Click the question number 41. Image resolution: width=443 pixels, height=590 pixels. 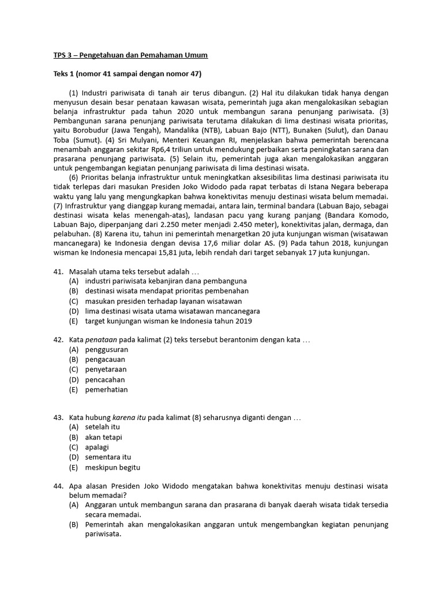click(x=58, y=271)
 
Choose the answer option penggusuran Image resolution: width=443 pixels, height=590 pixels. click(x=107, y=350)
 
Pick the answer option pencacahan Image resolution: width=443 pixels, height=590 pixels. click(x=105, y=380)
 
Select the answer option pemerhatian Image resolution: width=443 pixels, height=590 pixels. click(x=107, y=389)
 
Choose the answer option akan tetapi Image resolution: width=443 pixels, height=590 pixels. click(x=103, y=437)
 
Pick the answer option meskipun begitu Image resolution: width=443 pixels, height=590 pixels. click(x=112, y=467)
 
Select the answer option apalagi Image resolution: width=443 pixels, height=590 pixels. click(x=97, y=447)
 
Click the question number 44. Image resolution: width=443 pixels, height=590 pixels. click(x=58, y=487)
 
